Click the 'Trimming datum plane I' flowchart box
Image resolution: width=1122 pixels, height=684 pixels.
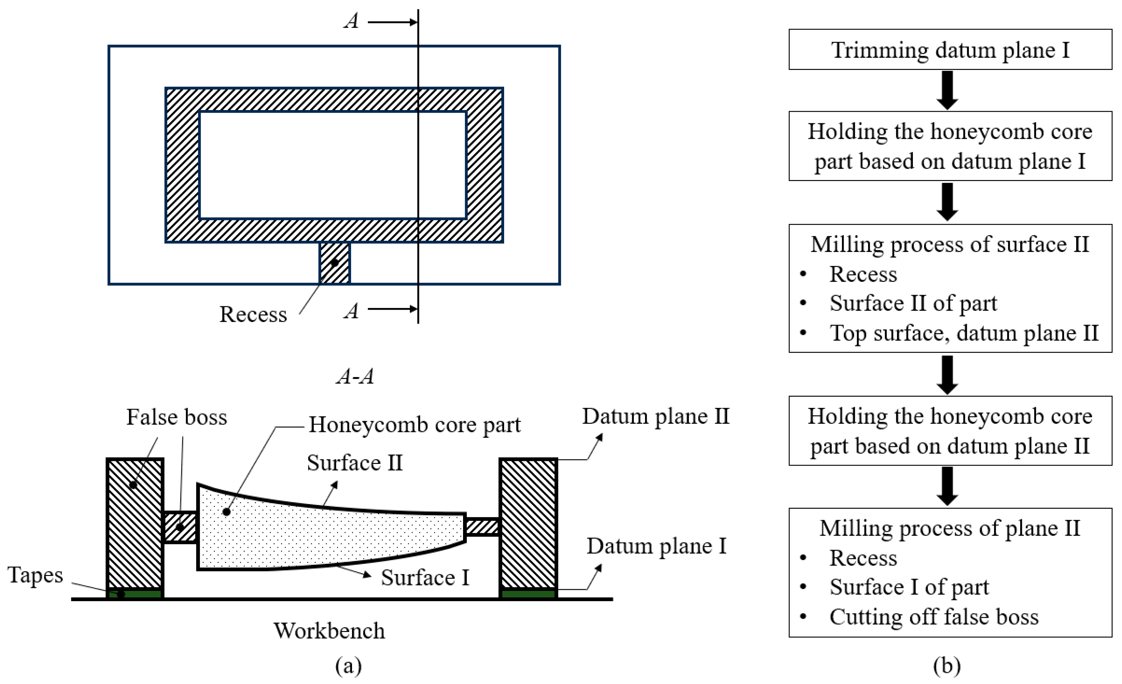950,49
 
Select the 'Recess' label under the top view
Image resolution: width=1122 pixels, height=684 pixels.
253,314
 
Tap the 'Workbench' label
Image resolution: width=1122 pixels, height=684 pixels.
329,631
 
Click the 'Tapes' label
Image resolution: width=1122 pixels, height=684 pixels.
35,575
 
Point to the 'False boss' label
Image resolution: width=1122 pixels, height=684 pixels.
176,417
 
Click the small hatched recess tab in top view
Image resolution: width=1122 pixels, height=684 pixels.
335,263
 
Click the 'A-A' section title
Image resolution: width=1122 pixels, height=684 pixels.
355,377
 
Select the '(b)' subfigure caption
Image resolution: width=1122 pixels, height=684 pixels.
947,665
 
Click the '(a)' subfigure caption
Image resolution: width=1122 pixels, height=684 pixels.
348,666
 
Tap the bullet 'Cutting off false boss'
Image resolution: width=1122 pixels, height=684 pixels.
934,617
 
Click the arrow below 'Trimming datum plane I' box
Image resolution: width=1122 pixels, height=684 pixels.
947,90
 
